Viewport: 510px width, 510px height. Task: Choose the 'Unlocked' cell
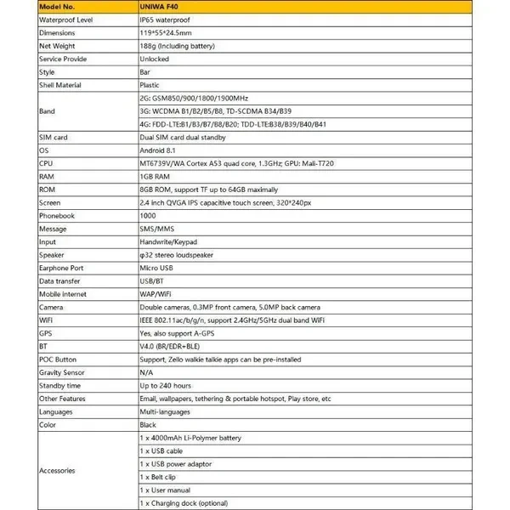(x=154, y=59)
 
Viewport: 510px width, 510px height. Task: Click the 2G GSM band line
(x=200, y=99)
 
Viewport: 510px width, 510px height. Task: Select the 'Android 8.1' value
(x=158, y=150)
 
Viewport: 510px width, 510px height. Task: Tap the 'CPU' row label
(x=47, y=163)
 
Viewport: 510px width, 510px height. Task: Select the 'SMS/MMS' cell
(x=155, y=229)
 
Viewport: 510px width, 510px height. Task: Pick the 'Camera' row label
(x=52, y=307)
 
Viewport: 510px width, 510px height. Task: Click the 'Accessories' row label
(x=59, y=470)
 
